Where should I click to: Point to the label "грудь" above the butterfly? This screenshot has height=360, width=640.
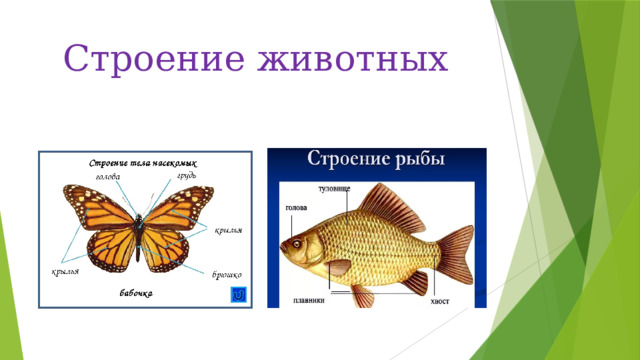coord(186,175)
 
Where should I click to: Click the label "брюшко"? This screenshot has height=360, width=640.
coord(227,273)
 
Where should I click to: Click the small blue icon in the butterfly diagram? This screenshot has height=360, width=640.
coord(238,295)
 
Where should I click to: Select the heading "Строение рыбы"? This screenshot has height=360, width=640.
coord(376,160)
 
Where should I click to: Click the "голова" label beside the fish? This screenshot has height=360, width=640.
coord(296,209)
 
